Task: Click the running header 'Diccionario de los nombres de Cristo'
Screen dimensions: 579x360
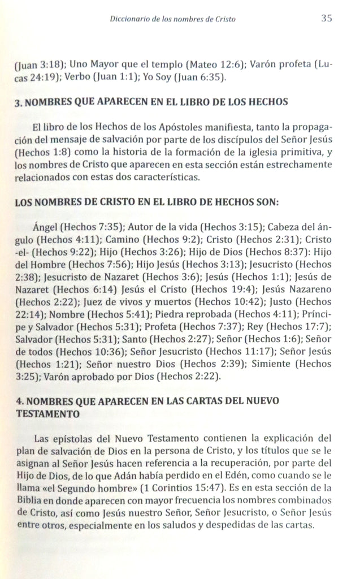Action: click(x=173, y=19)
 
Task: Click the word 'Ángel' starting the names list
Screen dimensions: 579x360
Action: click(x=46, y=227)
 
